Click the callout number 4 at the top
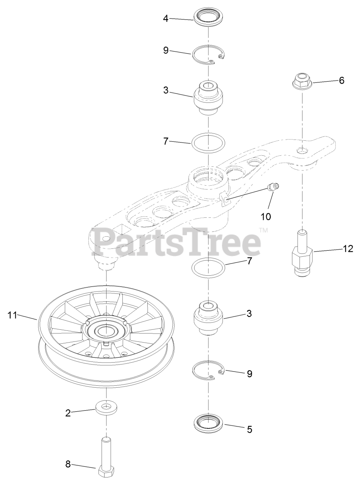click(166, 18)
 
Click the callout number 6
click(341, 80)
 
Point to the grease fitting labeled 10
click(273, 187)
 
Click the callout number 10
click(266, 217)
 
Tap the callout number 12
click(348, 248)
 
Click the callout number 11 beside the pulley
click(13, 315)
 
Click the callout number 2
click(68, 413)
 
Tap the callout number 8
click(68, 464)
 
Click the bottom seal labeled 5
click(207, 423)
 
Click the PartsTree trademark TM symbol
click(263, 230)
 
